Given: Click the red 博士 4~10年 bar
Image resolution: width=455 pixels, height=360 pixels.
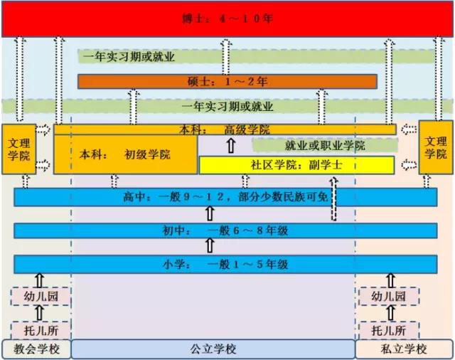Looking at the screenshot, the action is click(227, 19).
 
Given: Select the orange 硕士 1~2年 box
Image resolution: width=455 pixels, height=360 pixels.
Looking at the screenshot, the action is click(227, 82).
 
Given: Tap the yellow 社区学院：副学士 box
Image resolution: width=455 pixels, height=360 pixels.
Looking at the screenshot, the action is click(296, 165).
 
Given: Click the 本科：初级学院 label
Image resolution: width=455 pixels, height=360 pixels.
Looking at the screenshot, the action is click(125, 154).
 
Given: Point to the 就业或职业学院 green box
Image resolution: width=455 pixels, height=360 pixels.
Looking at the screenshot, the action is click(325, 145).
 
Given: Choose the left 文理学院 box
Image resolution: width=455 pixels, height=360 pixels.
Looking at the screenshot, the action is click(19, 149).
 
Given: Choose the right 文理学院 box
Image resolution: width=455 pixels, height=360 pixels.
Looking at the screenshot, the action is click(436, 147).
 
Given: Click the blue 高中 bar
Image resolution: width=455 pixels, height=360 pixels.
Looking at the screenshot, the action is click(226, 197).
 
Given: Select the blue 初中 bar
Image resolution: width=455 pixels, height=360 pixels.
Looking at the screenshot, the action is click(226, 231).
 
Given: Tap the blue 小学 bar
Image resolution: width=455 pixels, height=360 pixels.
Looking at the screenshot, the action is click(226, 265).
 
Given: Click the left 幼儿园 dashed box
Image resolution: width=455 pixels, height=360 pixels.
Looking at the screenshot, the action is click(41, 297).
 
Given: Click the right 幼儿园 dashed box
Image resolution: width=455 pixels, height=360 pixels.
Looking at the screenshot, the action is click(389, 297).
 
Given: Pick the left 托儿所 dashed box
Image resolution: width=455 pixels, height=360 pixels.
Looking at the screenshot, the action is click(41, 330).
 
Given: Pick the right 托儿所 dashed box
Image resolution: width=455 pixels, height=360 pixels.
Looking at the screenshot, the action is click(389, 330).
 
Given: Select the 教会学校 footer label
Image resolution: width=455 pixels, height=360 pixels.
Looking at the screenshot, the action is click(36, 349).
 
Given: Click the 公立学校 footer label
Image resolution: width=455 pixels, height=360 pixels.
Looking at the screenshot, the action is click(213, 349).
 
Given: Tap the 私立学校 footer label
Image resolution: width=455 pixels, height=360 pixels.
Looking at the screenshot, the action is click(405, 349).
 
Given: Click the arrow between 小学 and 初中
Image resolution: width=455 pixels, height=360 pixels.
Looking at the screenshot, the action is click(210, 245).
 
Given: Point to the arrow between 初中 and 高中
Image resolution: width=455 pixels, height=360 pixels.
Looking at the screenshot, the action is click(210, 213).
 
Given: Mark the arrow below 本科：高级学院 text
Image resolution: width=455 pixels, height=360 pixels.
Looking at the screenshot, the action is click(231, 145).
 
